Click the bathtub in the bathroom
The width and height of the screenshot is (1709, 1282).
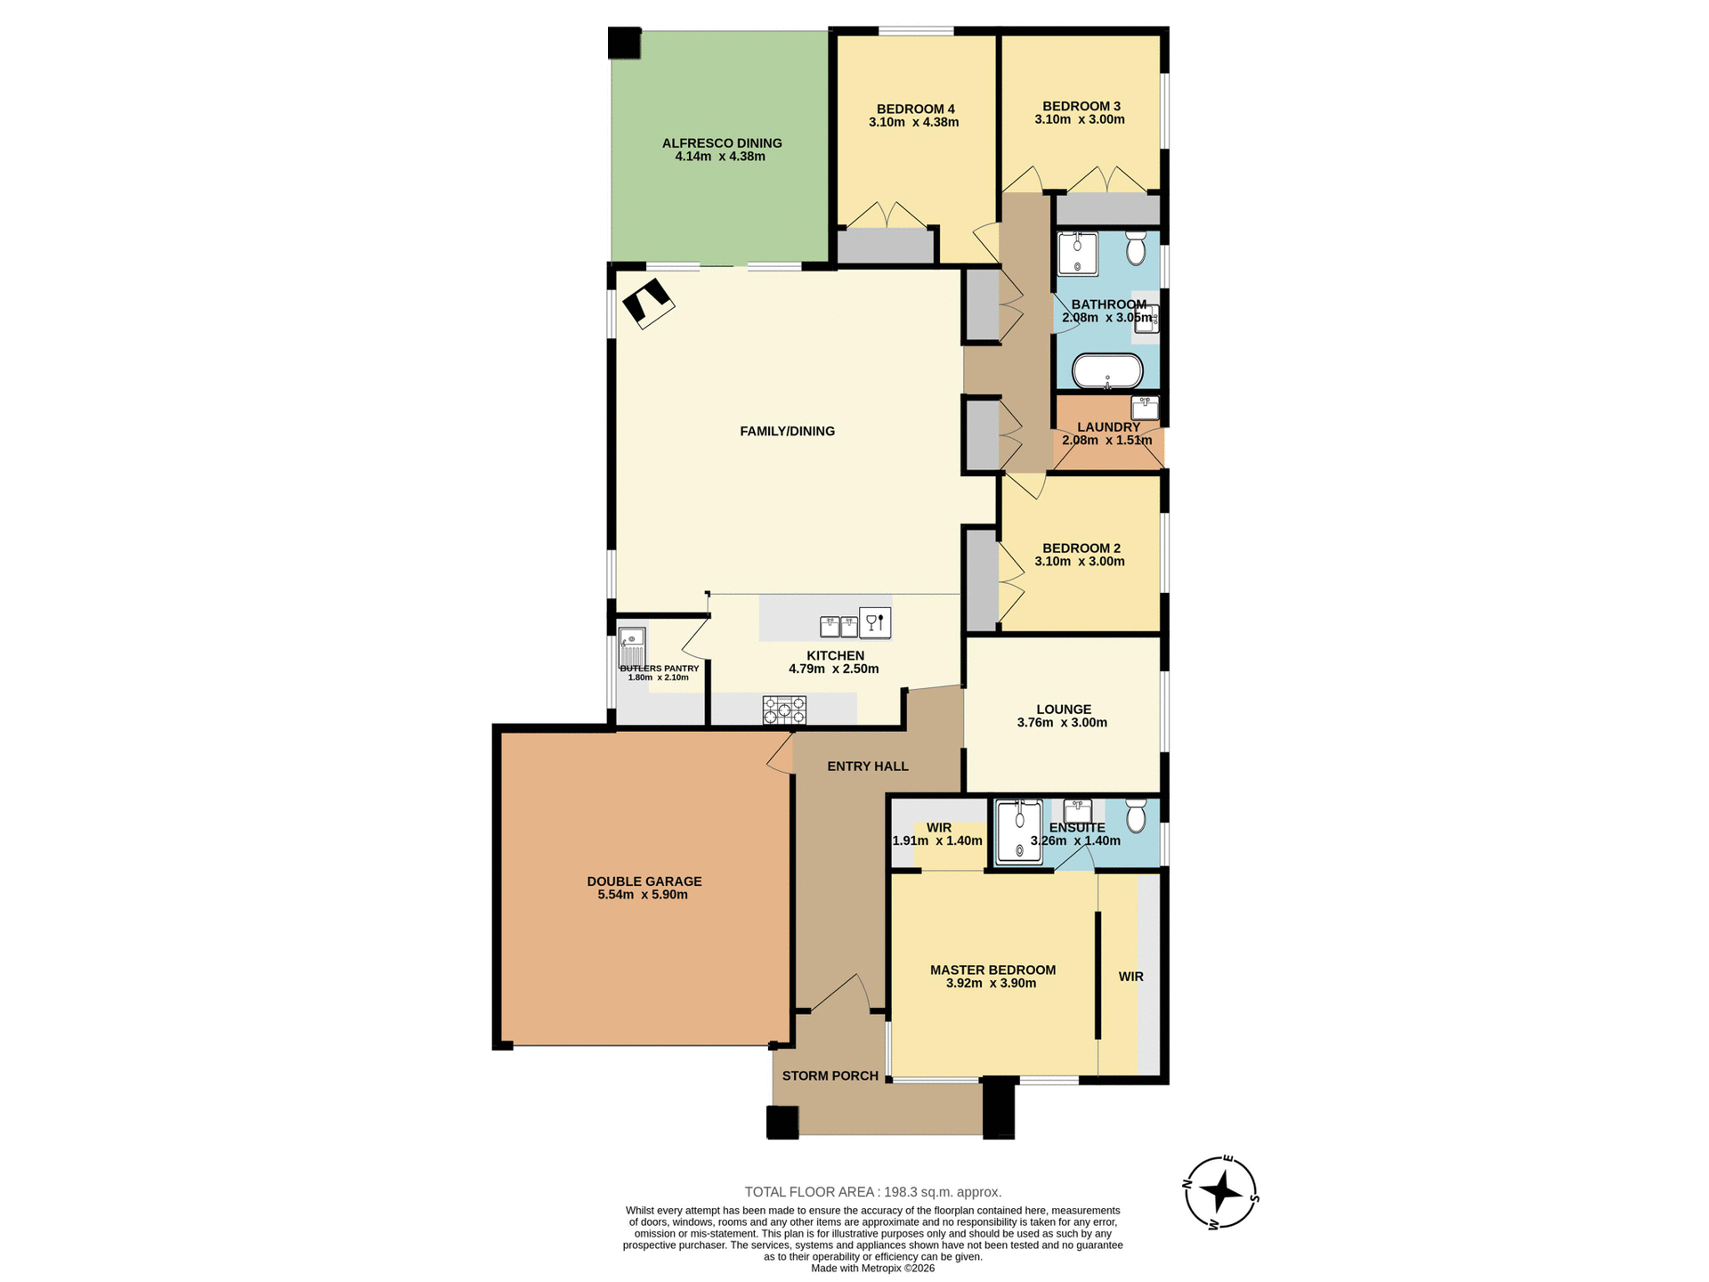pos(1107,371)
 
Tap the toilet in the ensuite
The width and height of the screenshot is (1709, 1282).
pos(1136,815)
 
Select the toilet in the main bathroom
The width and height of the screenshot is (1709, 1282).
pos(1136,248)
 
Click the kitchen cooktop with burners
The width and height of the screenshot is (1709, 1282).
pos(784,710)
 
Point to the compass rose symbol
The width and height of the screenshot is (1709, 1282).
pos(1221,1192)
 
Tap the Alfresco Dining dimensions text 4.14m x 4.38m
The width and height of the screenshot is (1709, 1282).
pos(720,157)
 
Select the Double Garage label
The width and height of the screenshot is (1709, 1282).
pos(644,881)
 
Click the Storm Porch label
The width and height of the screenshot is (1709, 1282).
pos(830,1075)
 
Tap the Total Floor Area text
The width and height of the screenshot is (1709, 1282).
pos(872,1191)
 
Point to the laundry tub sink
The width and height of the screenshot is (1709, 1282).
pos(1145,408)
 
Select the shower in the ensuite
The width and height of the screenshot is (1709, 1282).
pos(1019,832)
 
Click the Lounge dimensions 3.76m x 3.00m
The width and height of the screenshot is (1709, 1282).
pos(1062,723)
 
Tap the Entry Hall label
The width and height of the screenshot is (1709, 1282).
pos(867,766)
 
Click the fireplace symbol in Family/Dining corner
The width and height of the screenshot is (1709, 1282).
pos(647,304)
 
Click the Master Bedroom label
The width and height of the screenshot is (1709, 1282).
pos(992,970)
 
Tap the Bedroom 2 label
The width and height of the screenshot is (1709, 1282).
pos(1081,548)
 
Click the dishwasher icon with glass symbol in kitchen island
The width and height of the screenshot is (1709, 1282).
pos(874,622)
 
